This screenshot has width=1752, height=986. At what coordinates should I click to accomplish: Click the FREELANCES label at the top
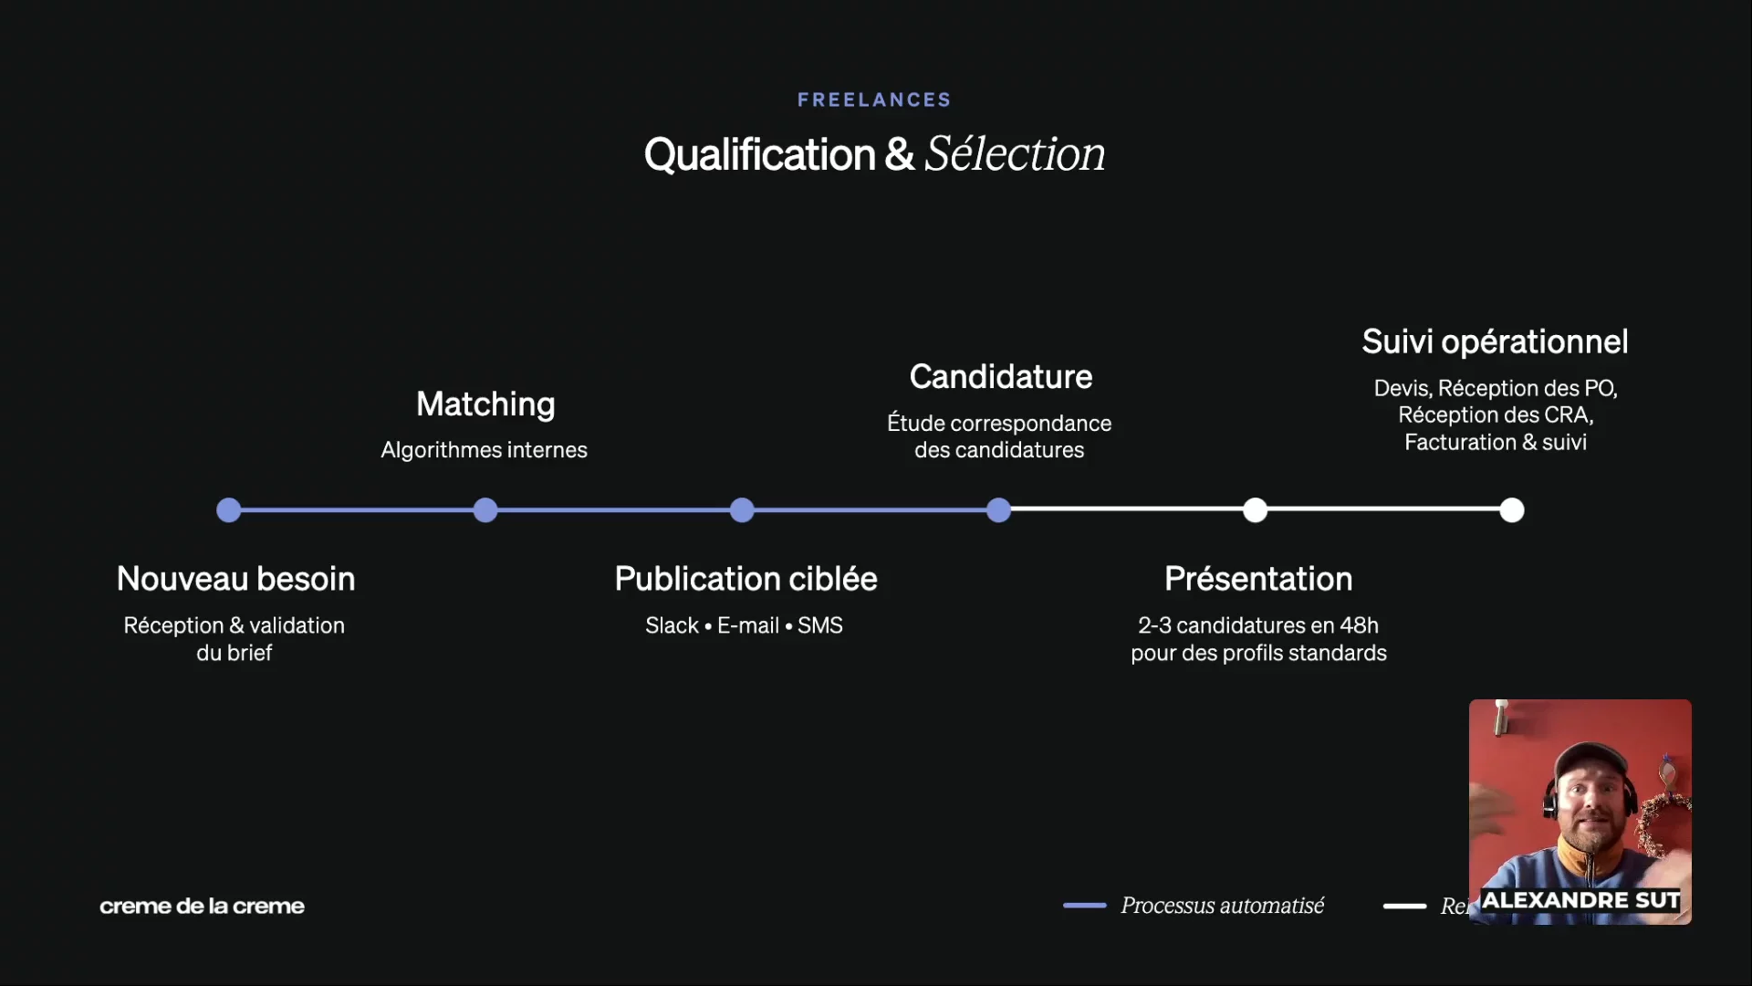pyautogui.click(x=874, y=100)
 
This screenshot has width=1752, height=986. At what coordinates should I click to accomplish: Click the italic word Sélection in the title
pyautogui.click(x=1015, y=153)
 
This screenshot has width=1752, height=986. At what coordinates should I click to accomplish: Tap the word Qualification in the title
pyautogui.click(x=759, y=154)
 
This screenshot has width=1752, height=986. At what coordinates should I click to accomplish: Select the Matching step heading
pyautogui.click(x=485, y=404)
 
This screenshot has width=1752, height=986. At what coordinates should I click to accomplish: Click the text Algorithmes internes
pyautogui.click(x=484, y=450)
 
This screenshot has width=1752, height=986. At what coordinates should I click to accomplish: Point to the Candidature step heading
pyautogui.click(x=1000, y=376)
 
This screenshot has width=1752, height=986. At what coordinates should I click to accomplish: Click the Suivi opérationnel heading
pyautogui.click(x=1495, y=341)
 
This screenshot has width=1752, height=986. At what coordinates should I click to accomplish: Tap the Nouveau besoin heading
pyautogui.click(x=235, y=579)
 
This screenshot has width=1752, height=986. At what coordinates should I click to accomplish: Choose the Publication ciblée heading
pyautogui.click(x=746, y=579)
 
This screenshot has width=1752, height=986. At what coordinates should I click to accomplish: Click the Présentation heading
pyautogui.click(x=1258, y=579)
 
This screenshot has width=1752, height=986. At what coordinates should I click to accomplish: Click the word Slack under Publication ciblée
pyautogui.click(x=672, y=625)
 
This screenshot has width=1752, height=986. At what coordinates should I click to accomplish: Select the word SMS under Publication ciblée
pyautogui.click(x=819, y=625)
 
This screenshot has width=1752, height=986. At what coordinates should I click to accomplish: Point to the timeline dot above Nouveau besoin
pyautogui.click(x=228, y=510)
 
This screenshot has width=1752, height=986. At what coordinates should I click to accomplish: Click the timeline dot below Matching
pyautogui.click(x=485, y=510)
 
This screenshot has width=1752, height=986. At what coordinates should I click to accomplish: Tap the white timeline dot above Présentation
pyautogui.click(x=1256, y=510)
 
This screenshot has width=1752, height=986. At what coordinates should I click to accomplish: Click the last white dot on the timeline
pyautogui.click(x=1512, y=510)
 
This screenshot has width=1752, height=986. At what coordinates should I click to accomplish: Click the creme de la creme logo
pyautogui.click(x=202, y=906)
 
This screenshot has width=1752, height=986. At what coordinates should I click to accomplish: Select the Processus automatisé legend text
pyautogui.click(x=1222, y=906)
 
